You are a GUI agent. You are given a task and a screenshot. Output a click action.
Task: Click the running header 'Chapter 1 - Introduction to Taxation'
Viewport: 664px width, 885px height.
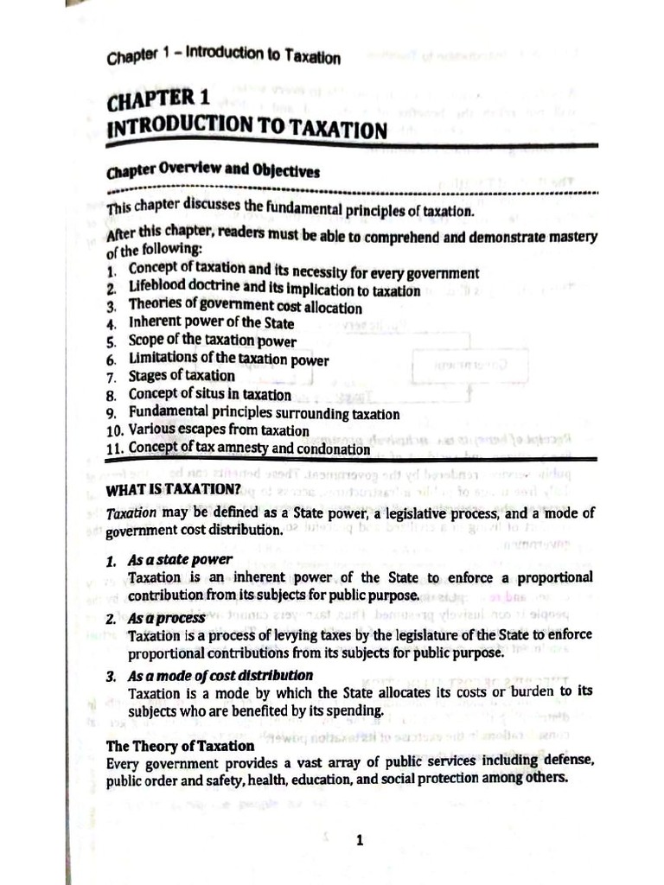(223, 56)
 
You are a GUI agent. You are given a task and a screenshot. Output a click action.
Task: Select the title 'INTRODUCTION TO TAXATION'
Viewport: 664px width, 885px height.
(246, 128)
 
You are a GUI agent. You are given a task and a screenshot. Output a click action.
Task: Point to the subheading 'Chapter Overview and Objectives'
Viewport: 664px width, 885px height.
(213, 171)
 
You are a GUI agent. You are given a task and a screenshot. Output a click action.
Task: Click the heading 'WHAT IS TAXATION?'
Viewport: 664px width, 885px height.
(172, 489)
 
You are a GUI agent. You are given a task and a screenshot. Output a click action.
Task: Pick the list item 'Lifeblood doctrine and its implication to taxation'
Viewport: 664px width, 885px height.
(274, 290)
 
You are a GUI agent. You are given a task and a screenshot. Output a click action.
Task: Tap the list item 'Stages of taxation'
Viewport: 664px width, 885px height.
(182, 376)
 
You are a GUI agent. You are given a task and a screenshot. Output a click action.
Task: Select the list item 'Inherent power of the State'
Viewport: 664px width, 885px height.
(211, 324)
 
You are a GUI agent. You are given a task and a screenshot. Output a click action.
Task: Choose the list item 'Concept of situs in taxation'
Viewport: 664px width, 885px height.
(210, 394)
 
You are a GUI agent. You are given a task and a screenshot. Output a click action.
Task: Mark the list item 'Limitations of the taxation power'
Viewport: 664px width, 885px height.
(228, 359)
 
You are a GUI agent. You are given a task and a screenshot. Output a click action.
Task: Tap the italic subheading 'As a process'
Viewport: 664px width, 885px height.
(167, 618)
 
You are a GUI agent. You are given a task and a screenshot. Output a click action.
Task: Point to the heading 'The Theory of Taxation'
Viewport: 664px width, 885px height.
(180, 745)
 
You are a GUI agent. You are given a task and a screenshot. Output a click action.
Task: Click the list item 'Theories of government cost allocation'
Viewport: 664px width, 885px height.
(246, 307)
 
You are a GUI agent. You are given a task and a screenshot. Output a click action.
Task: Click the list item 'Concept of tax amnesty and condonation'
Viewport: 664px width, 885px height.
(249, 449)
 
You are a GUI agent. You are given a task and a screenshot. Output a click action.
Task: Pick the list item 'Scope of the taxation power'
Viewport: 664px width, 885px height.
(213, 341)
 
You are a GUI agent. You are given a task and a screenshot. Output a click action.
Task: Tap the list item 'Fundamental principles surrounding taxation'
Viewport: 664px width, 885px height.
(264, 413)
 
